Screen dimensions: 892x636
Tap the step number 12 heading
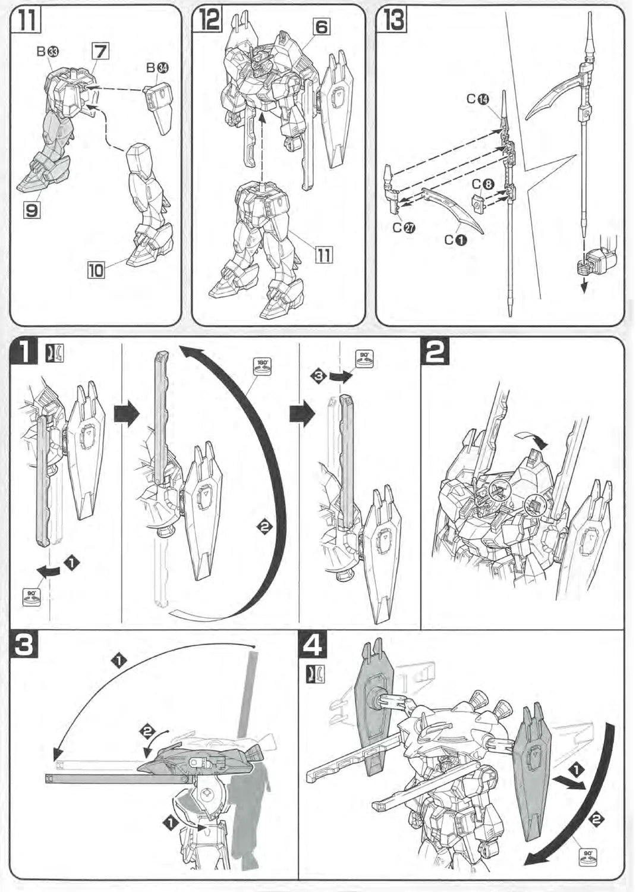(x=209, y=20)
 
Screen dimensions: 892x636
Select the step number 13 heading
(x=394, y=20)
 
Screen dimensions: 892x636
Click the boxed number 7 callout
(x=100, y=52)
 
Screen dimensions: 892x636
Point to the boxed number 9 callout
(x=32, y=210)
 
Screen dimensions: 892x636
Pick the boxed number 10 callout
(x=96, y=271)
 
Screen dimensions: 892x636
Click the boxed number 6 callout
(x=321, y=27)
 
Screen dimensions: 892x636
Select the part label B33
(x=47, y=52)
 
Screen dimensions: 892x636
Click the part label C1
(x=456, y=240)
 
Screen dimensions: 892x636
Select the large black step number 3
(x=26, y=644)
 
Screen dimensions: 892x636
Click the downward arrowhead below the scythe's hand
(x=585, y=287)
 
